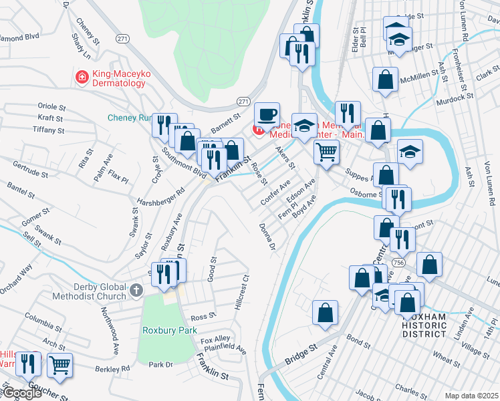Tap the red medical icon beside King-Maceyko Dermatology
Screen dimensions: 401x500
click(83, 78)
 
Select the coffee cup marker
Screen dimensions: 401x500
click(267, 115)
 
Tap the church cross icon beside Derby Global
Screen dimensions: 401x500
click(136, 290)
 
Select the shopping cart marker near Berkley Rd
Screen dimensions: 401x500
click(59, 365)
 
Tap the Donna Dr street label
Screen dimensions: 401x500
click(267, 237)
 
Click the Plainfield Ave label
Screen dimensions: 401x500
click(226, 348)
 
